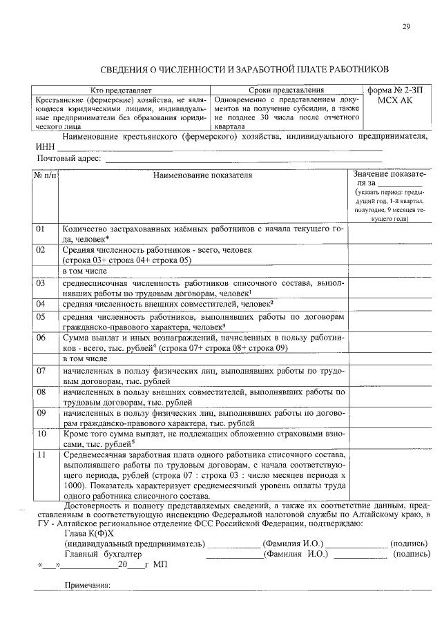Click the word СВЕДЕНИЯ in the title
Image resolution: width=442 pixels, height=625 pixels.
point(128,69)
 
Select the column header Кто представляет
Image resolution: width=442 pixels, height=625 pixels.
point(121,90)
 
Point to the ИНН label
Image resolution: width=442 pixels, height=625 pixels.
point(45,147)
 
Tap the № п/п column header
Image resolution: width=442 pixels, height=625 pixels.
point(45,175)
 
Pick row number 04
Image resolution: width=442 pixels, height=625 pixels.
point(41,304)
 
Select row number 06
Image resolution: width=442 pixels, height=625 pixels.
point(41,338)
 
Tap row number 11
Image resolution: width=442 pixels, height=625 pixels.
point(41,455)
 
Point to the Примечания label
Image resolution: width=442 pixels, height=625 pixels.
point(87,585)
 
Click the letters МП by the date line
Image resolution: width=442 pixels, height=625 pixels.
point(160,564)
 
